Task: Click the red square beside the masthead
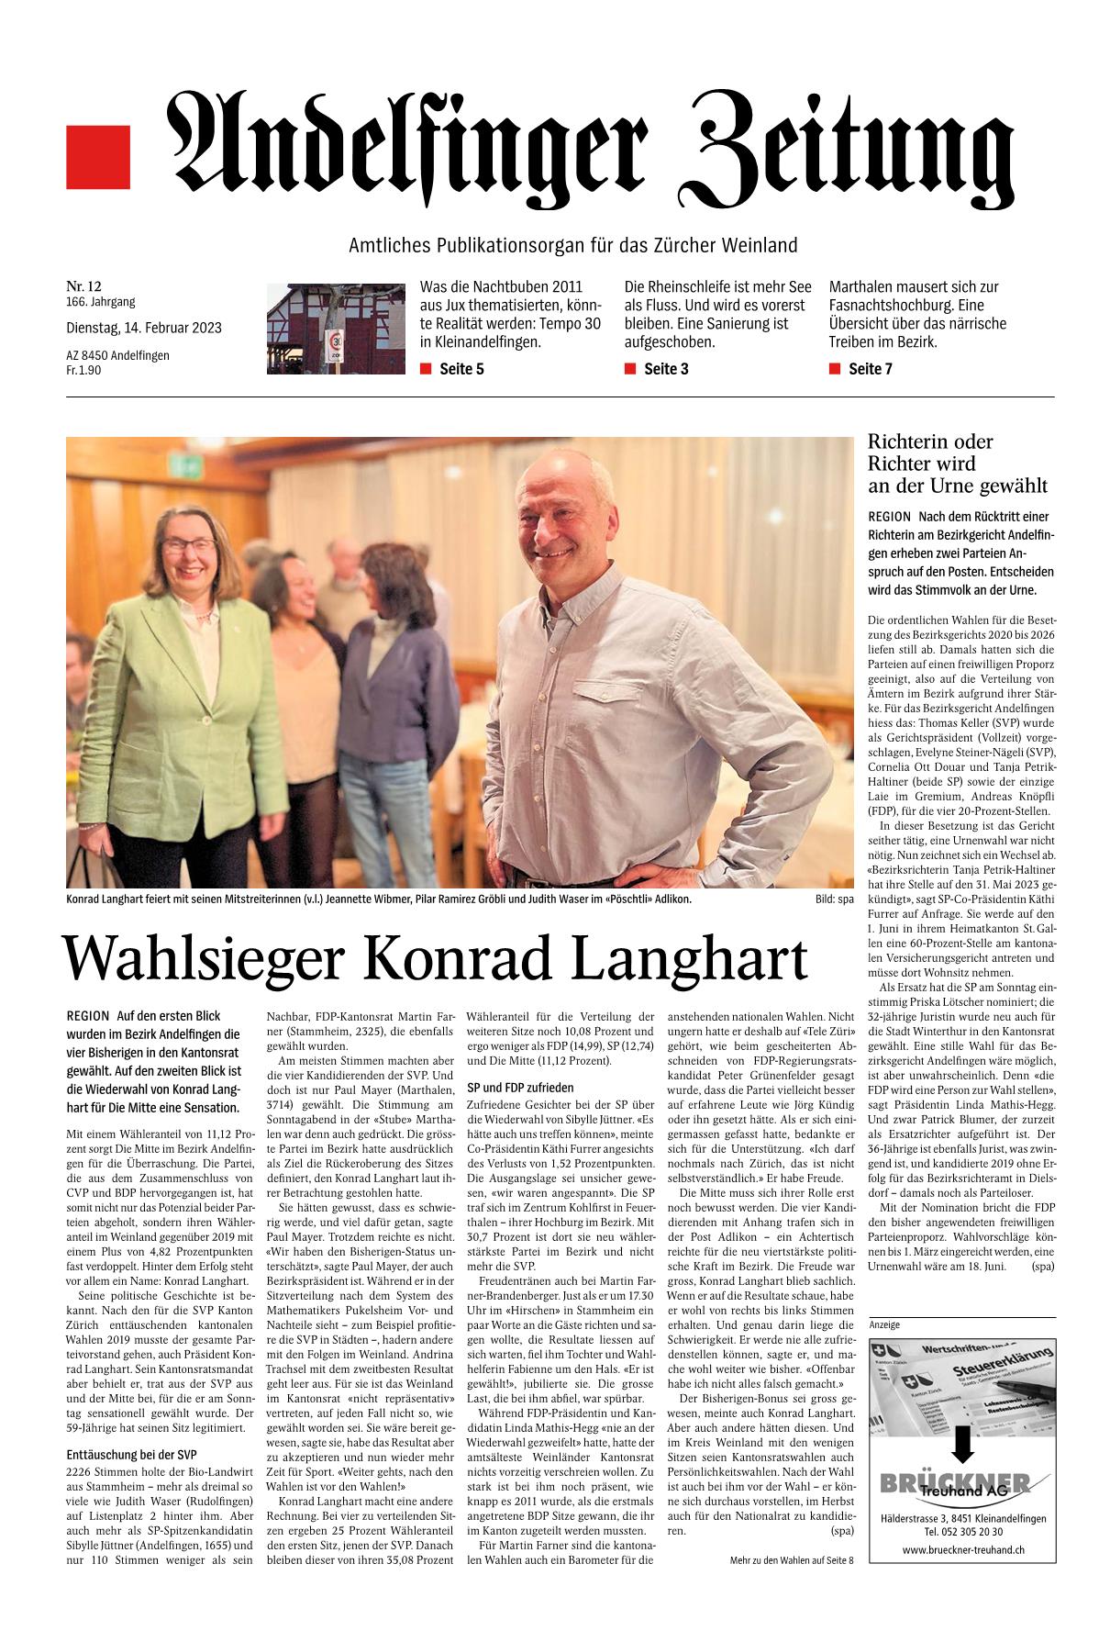click(98, 158)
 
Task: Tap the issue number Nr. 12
click(83, 287)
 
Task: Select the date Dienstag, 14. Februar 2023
click(143, 328)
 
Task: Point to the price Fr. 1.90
click(84, 370)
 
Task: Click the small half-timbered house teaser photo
click(335, 328)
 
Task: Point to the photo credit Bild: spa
click(833, 899)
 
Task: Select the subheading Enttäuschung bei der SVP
click(132, 1454)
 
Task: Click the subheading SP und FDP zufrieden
click(520, 1087)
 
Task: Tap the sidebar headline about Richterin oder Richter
click(958, 464)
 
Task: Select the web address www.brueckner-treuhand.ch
click(962, 1549)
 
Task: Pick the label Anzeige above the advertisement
click(883, 1324)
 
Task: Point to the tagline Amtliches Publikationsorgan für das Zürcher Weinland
click(573, 245)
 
